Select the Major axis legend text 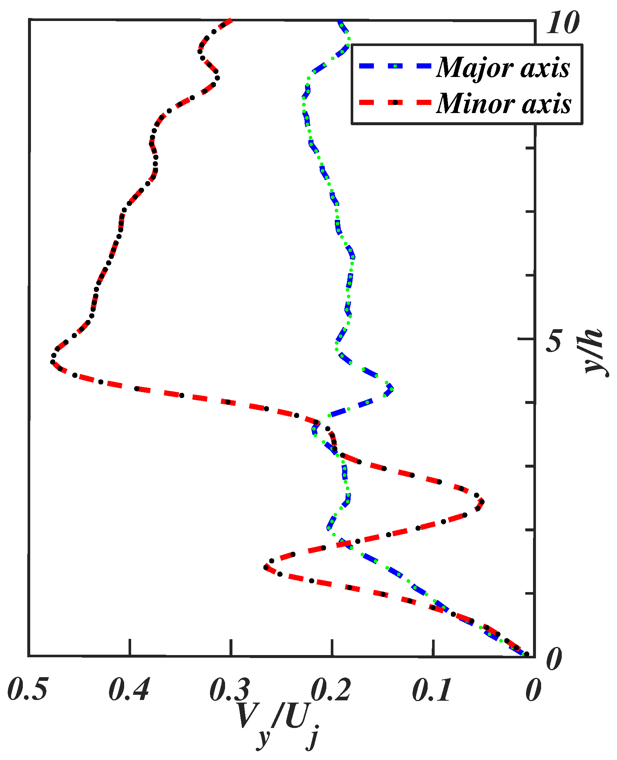click(503, 68)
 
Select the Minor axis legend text click(504, 103)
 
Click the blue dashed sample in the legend click(395, 66)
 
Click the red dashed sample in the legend click(395, 102)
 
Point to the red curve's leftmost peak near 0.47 click(52, 361)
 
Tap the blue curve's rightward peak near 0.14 click(392, 389)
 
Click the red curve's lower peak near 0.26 click(265, 567)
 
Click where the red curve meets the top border click(231, 20)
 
